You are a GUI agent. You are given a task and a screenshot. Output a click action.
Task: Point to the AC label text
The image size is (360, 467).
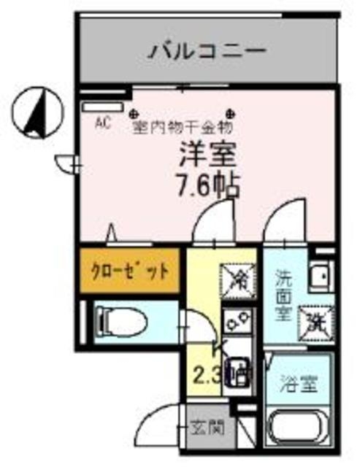(x=103, y=123)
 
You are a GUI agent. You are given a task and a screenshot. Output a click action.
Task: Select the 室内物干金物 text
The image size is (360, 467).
(x=182, y=128)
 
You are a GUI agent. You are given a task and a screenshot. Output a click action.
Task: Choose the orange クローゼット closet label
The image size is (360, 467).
(x=129, y=272)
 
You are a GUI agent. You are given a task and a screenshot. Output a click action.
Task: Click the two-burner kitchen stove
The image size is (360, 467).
(x=238, y=322)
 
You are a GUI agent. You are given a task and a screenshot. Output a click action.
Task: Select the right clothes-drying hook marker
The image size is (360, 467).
(x=231, y=113)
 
